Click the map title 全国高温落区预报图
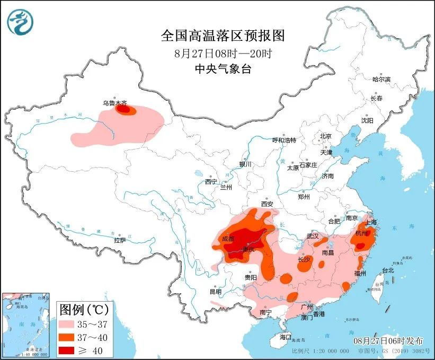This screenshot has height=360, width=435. (x=223, y=36)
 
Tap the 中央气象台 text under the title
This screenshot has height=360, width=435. (x=223, y=68)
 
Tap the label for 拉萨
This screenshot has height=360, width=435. (x=120, y=240)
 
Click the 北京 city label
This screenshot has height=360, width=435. (x=325, y=136)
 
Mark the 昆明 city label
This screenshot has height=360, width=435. (x=216, y=292)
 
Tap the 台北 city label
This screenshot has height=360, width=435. (x=388, y=270)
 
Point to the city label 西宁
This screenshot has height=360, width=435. (x=211, y=182)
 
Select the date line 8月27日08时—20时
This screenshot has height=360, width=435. (x=223, y=53)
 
